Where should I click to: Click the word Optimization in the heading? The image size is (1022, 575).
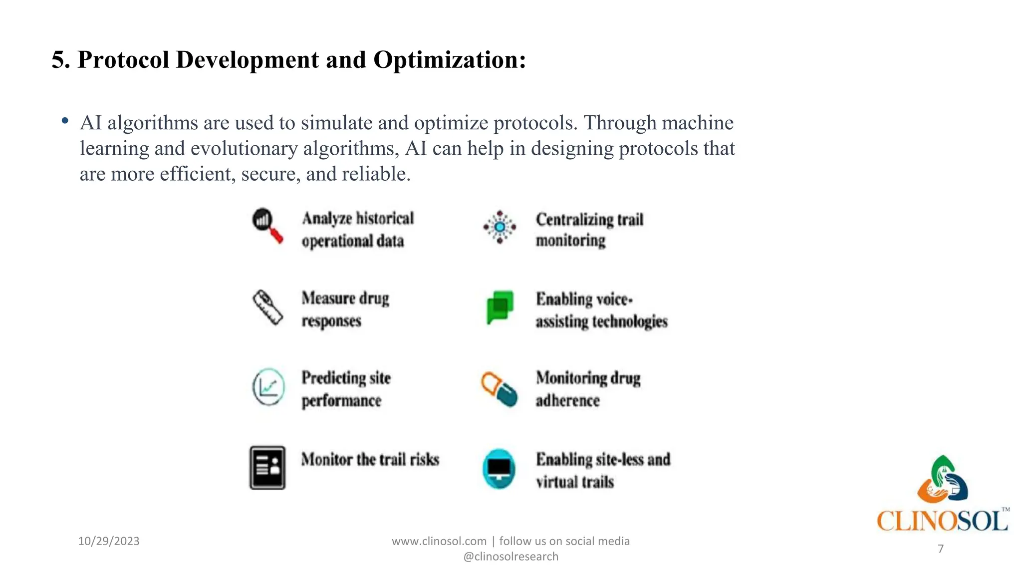(x=449, y=60)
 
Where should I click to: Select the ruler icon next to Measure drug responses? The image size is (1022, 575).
(x=267, y=307)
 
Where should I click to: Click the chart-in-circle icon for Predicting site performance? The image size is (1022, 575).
(x=268, y=387)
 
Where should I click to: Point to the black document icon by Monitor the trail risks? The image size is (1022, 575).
(x=267, y=468)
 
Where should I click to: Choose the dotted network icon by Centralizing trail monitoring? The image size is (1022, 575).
(x=500, y=227)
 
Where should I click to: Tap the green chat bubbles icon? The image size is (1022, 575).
(x=500, y=306)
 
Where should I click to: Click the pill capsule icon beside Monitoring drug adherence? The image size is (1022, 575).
(x=499, y=389)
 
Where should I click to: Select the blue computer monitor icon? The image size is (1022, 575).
(x=499, y=469)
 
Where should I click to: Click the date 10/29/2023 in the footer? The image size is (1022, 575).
(x=109, y=541)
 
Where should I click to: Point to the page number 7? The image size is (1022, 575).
(x=941, y=549)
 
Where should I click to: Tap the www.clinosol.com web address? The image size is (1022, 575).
(x=439, y=541)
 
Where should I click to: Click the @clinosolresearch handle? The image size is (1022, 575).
(x=511, y=557)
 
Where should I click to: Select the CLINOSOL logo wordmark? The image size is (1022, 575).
(x=942, y=521)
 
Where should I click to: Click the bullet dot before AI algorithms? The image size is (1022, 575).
(x=65, y=121)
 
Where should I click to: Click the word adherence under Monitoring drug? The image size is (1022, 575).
(x=568, y=400)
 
